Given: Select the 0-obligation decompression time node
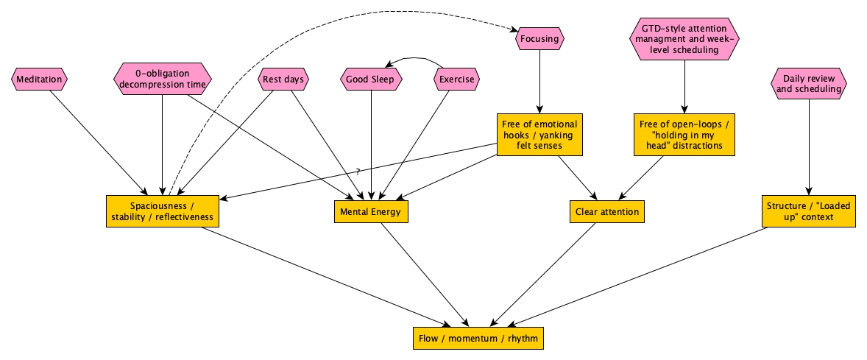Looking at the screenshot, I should (x=162, y=79).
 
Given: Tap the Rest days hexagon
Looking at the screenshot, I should (x=283, y=79).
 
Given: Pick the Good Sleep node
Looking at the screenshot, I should (x=371, y=79).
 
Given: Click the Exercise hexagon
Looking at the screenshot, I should (x=456, y=79).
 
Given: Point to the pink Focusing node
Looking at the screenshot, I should (x=540, y=38).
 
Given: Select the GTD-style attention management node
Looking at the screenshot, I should (x=684, y=38).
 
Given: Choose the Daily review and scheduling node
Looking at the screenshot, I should (x=809, y=83).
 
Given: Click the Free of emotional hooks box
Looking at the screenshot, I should (x=539, y=135).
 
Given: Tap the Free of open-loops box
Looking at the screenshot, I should (x=684, y=135).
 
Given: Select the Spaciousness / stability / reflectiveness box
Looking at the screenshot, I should (x=163, y=211).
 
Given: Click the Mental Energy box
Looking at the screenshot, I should (x=370, y=212).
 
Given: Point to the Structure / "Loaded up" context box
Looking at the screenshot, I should (x=808, y=211).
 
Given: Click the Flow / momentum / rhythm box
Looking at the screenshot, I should (x=478, y=339).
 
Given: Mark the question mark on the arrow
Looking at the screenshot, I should (x=358, y=172).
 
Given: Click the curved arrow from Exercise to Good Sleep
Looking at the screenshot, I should (x=415, y=57).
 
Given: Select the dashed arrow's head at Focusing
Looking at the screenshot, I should (x=513, y=30).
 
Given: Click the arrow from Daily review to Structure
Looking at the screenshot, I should (x=809, y=147).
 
